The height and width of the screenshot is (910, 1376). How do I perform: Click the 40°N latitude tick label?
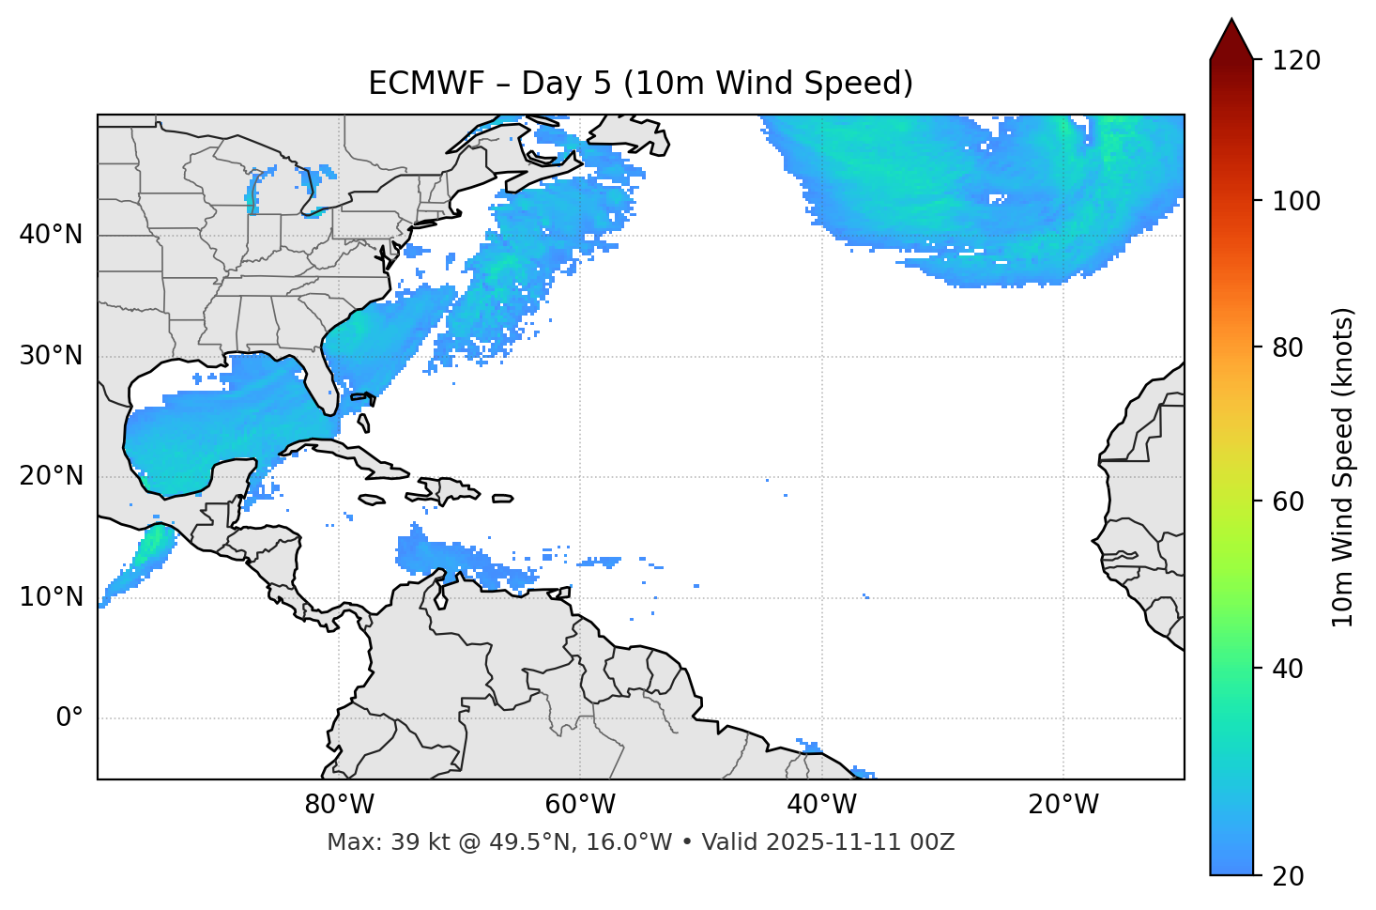point(51,235)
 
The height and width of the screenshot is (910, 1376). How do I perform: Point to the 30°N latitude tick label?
point(51,356)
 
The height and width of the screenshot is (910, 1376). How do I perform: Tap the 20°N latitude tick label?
point(51,476)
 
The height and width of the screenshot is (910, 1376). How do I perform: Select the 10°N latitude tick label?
point(51,597)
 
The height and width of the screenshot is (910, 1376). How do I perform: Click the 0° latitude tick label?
point(69,718)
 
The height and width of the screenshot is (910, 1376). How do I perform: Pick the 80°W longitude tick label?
point(339,805)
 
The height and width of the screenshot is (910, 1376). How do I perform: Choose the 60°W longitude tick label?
point(580,805)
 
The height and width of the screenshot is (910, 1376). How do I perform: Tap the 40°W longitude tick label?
point(821,805)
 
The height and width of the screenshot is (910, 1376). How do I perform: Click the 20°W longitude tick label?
point(1063,805)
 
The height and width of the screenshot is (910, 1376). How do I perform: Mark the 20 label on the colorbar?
point(1288,876)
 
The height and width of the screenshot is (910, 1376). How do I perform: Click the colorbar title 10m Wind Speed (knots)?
point(1343,467)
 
